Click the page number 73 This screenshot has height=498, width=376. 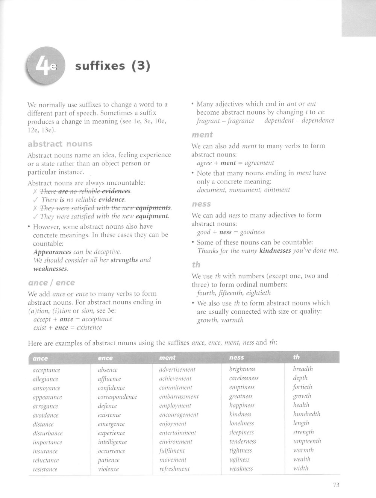(336, 485)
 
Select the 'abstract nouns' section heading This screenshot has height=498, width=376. (60, 144)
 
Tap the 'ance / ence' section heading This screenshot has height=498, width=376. (52, 282)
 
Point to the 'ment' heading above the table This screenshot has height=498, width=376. (202, 135)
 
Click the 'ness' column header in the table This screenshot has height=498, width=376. (237, 357)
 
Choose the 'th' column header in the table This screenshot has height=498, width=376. (297, 357)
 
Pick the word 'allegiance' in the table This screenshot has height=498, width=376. (45, 379)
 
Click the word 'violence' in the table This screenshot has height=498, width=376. (108, 469)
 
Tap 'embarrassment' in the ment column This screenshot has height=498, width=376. (179, 396)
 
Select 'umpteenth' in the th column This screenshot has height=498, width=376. (307, 441)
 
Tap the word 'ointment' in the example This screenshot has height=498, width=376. (277, 190)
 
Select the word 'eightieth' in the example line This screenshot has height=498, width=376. (258, 293)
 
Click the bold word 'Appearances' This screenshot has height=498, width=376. (52, 252)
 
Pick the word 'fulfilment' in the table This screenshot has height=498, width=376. (172, 451)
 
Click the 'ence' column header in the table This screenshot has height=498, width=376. (105, 358)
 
